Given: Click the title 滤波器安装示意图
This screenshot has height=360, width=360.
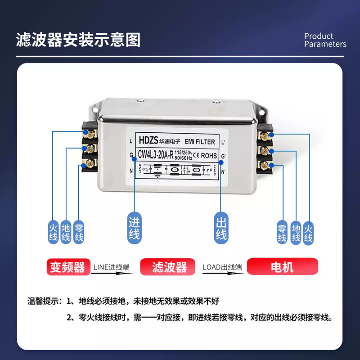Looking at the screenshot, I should point(78,40).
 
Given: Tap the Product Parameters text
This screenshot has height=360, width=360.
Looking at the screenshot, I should point(325,40).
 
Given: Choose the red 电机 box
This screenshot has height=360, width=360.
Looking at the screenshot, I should point(283,267).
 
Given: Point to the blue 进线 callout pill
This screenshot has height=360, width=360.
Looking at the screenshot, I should point(134,228).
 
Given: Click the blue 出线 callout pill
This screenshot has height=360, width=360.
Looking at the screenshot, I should point(220,228).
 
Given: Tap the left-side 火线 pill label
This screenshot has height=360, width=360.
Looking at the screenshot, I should point(53,231).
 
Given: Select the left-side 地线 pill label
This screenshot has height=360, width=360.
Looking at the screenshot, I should point(66,231).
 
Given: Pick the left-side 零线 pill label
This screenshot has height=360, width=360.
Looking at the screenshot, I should point(79,231).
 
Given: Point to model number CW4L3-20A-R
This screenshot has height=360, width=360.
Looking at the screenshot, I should point(156,156).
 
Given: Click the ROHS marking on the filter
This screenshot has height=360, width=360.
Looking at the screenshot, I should point(209,156).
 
